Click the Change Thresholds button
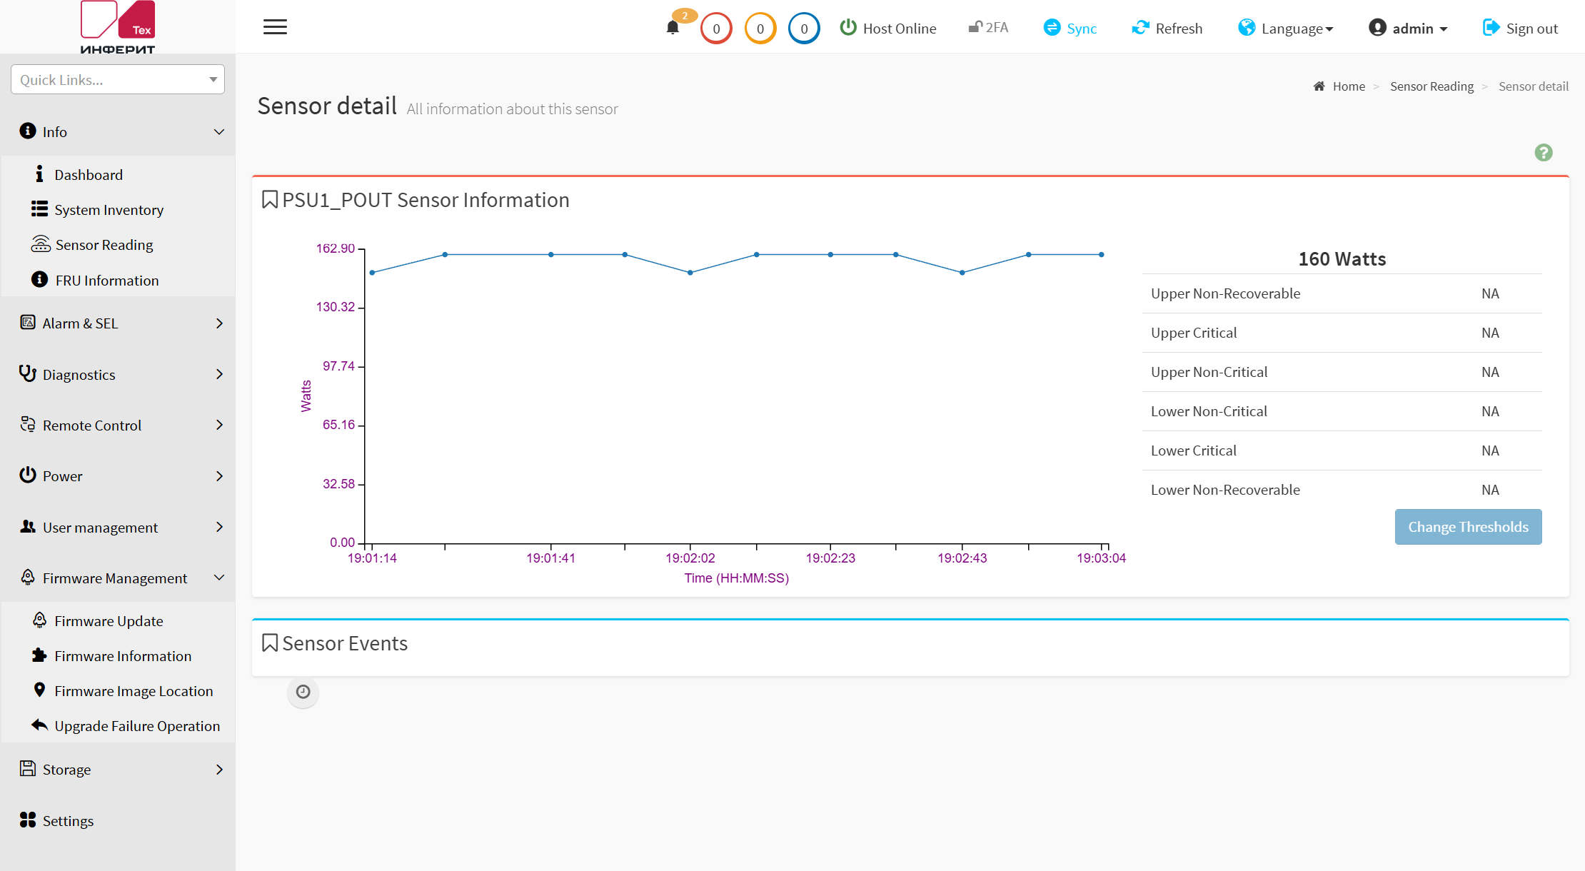click(1468, 527)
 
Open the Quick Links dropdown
click(118, 79)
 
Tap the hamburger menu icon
click(275, 27)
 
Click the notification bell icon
click(673, 28)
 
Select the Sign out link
click(1520, 28)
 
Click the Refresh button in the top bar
click(1167, 28)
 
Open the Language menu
click(1286, 28)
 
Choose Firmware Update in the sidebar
click(109, 620)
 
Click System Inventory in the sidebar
click(109, 209)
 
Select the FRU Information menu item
click(106, 280)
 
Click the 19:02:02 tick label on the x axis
click(690, 558)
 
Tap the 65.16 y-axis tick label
click(338, 425)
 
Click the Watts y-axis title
click(306, 396)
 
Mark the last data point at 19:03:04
click(1102, 254)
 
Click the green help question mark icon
click(1544, 153)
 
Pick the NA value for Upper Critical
click(1490, 333)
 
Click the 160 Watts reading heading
click(1342, 259)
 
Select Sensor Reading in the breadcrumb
click(1431, 86)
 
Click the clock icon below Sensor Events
click(303, 692)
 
